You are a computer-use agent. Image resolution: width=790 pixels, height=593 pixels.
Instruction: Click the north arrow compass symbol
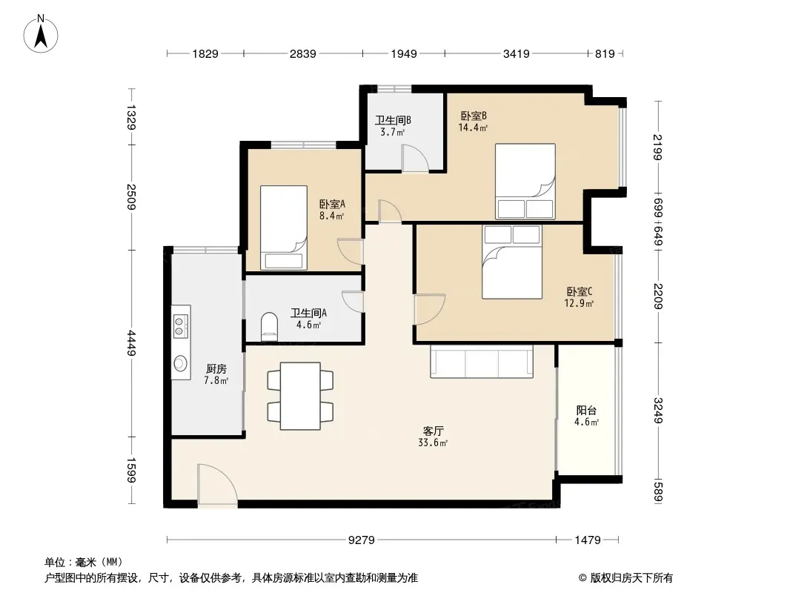41,34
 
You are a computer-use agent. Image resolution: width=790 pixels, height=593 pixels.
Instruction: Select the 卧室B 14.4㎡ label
473,122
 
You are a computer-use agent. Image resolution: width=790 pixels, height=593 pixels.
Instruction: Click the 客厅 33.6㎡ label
434,437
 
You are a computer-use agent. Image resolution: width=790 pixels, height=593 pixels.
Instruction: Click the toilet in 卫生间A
270,326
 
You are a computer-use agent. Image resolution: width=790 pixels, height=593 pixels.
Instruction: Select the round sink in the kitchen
180,362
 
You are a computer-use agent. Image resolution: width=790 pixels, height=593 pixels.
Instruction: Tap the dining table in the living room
300,396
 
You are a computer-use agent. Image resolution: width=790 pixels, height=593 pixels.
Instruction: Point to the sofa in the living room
482,361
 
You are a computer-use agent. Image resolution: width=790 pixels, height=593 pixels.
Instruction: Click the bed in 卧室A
284,228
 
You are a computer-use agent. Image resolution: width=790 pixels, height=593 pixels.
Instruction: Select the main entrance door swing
217,484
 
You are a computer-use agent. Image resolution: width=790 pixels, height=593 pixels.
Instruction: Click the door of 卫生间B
415,158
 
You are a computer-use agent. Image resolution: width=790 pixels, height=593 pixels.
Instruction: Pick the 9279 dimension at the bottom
362,540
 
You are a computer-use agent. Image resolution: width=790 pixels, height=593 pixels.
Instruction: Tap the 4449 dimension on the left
132,343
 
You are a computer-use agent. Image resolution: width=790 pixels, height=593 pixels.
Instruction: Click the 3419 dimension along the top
517,53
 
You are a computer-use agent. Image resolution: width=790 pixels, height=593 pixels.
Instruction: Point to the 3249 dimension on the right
659,411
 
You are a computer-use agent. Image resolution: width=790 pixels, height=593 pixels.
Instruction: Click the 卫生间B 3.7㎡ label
393,126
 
